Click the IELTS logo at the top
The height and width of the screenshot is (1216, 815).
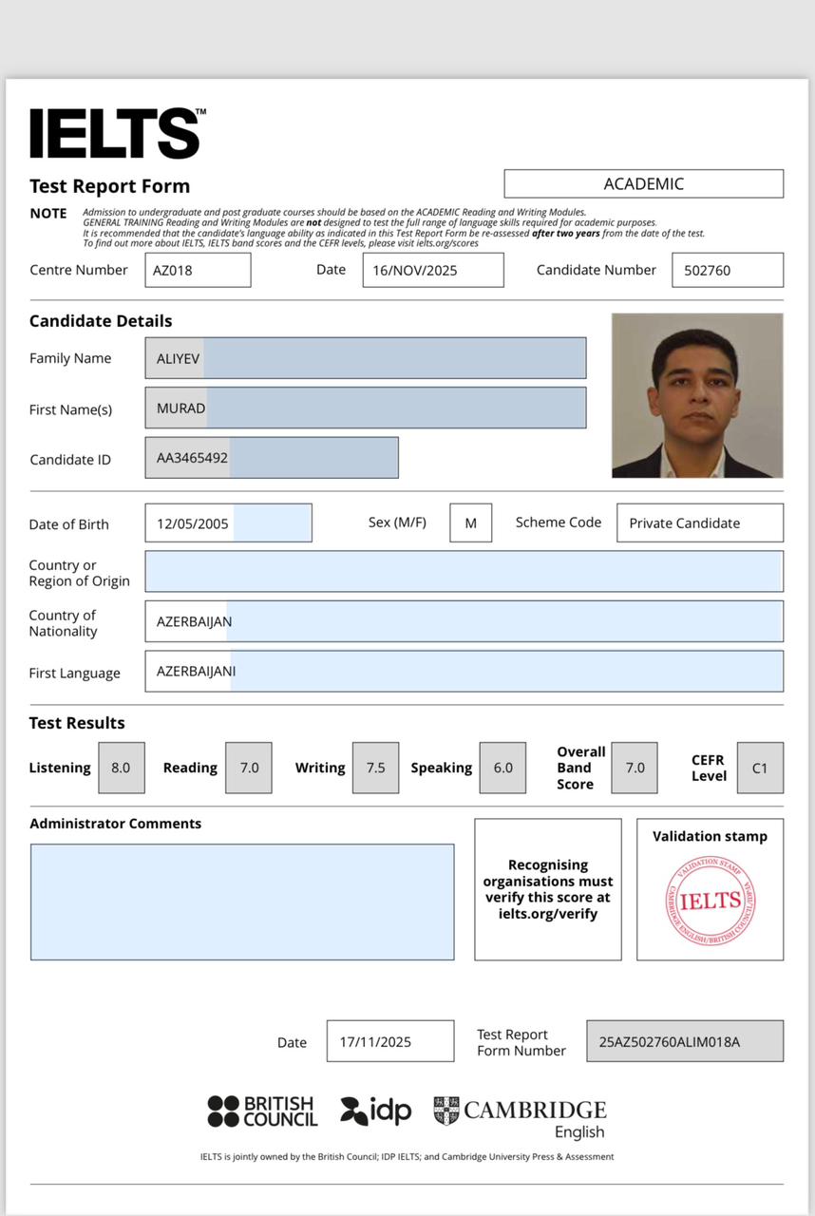click(x=116, y=133)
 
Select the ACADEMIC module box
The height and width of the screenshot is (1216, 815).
click(x=643, y=183)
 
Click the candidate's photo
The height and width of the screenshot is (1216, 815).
click(x=697, y=395)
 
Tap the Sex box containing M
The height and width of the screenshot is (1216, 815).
click(x=470, y=522)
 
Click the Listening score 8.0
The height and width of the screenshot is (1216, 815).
click(x=122, y=768)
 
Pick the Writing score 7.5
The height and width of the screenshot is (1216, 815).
click(x=375, y=768)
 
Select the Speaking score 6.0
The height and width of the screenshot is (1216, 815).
click(x=502, y=768)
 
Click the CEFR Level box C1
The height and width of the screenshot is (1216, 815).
click(x=760, y=768)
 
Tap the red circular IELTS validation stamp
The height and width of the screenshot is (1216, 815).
click(x=710, y=901)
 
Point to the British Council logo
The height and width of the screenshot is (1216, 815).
click(x=262, y=1111)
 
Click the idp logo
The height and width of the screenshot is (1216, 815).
click(x=376, y=1111)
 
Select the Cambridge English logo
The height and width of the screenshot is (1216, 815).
click(x=521, y=1116)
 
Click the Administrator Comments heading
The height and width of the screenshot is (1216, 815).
click(x=115, y=824)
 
